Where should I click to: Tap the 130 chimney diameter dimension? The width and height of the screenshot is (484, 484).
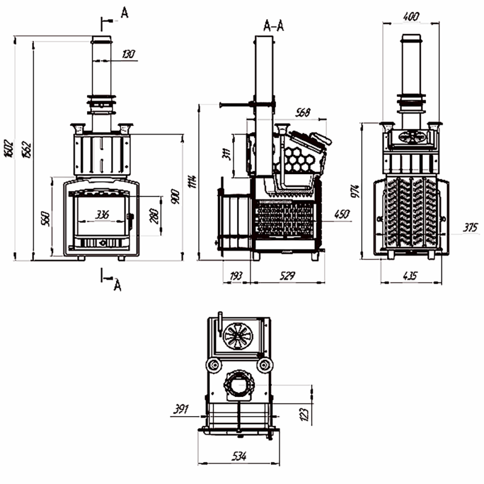pyautogui.click(x=128, y=54)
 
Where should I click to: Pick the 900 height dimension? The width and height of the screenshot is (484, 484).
pyautogui.click(x=175, y=197)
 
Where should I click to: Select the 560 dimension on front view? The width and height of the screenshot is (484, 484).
pyautogui.click(x=44, y=218)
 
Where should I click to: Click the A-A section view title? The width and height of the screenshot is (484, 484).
pyautogui.click(x=275, y=25)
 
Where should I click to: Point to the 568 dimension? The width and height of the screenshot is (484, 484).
pyautogui.click(x=304, y=112)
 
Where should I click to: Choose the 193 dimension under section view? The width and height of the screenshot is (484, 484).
pyautogui.click(x=237, y=276)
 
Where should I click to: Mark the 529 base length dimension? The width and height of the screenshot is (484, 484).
pyautogui.click(x=287, y=276)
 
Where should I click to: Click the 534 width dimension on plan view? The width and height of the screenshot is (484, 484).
pyautogui.click(x=238, y=456)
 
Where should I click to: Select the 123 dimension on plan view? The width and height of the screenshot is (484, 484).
pyautogui.click(x=304, y=414)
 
